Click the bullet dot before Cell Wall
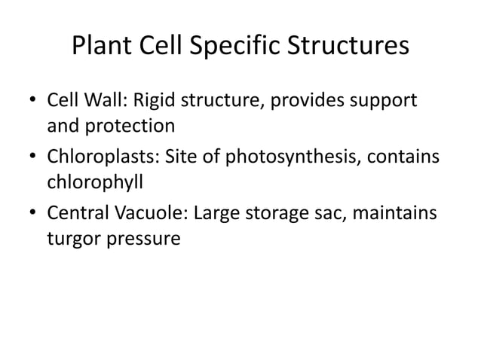coord(33,101)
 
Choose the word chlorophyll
coord(95,182)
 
